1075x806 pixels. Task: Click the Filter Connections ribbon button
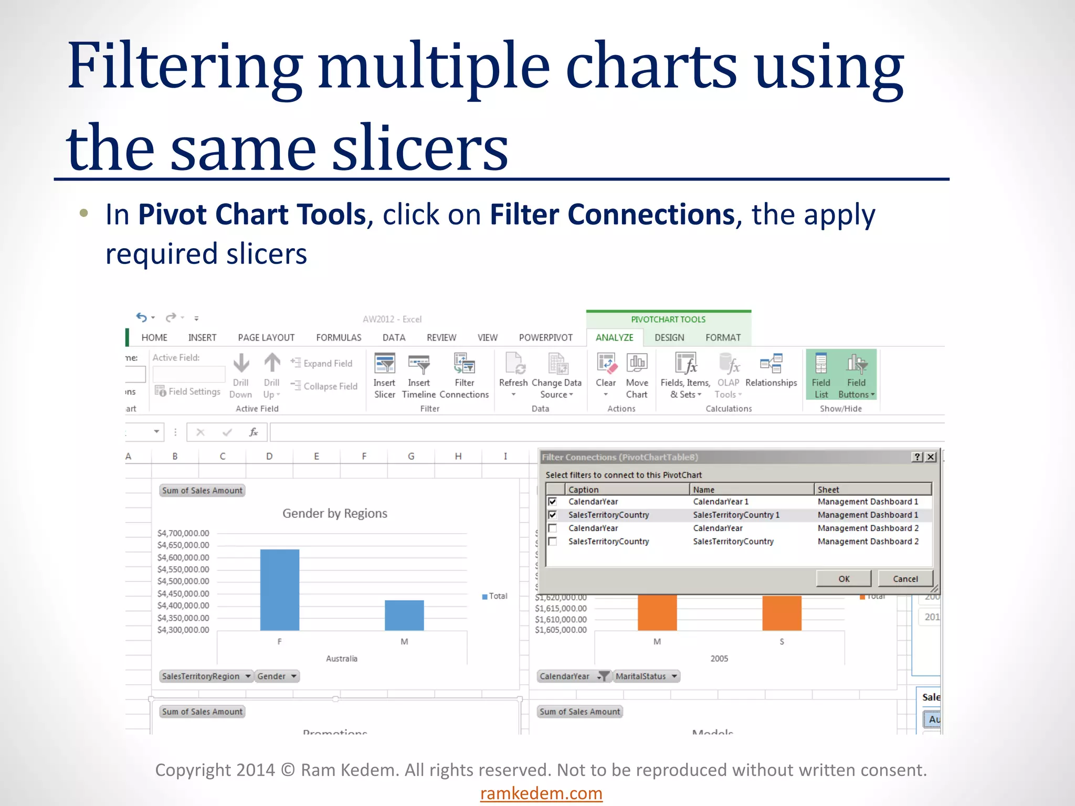[464, 376]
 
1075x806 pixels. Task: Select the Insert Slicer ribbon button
[384, 376]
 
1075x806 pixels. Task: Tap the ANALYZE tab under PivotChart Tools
[614, 337]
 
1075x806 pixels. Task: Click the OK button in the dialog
[844, 579]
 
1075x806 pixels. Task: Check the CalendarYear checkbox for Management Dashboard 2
[552, 528]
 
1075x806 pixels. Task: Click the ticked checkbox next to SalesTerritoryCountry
[552, 515]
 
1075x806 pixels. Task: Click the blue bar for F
[280, 590]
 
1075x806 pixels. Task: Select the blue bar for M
[404, 615]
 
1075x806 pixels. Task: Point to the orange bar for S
[782, 613]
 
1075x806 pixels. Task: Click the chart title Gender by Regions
[335, 513]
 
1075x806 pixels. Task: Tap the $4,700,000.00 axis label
[183, 533]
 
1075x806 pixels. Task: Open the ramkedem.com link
[541, 793]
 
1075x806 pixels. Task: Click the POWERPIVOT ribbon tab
[545, 337]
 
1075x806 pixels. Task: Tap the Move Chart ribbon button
[637, 376]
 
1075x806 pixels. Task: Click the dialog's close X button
[931, 457]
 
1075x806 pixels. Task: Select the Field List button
[821, 376]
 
